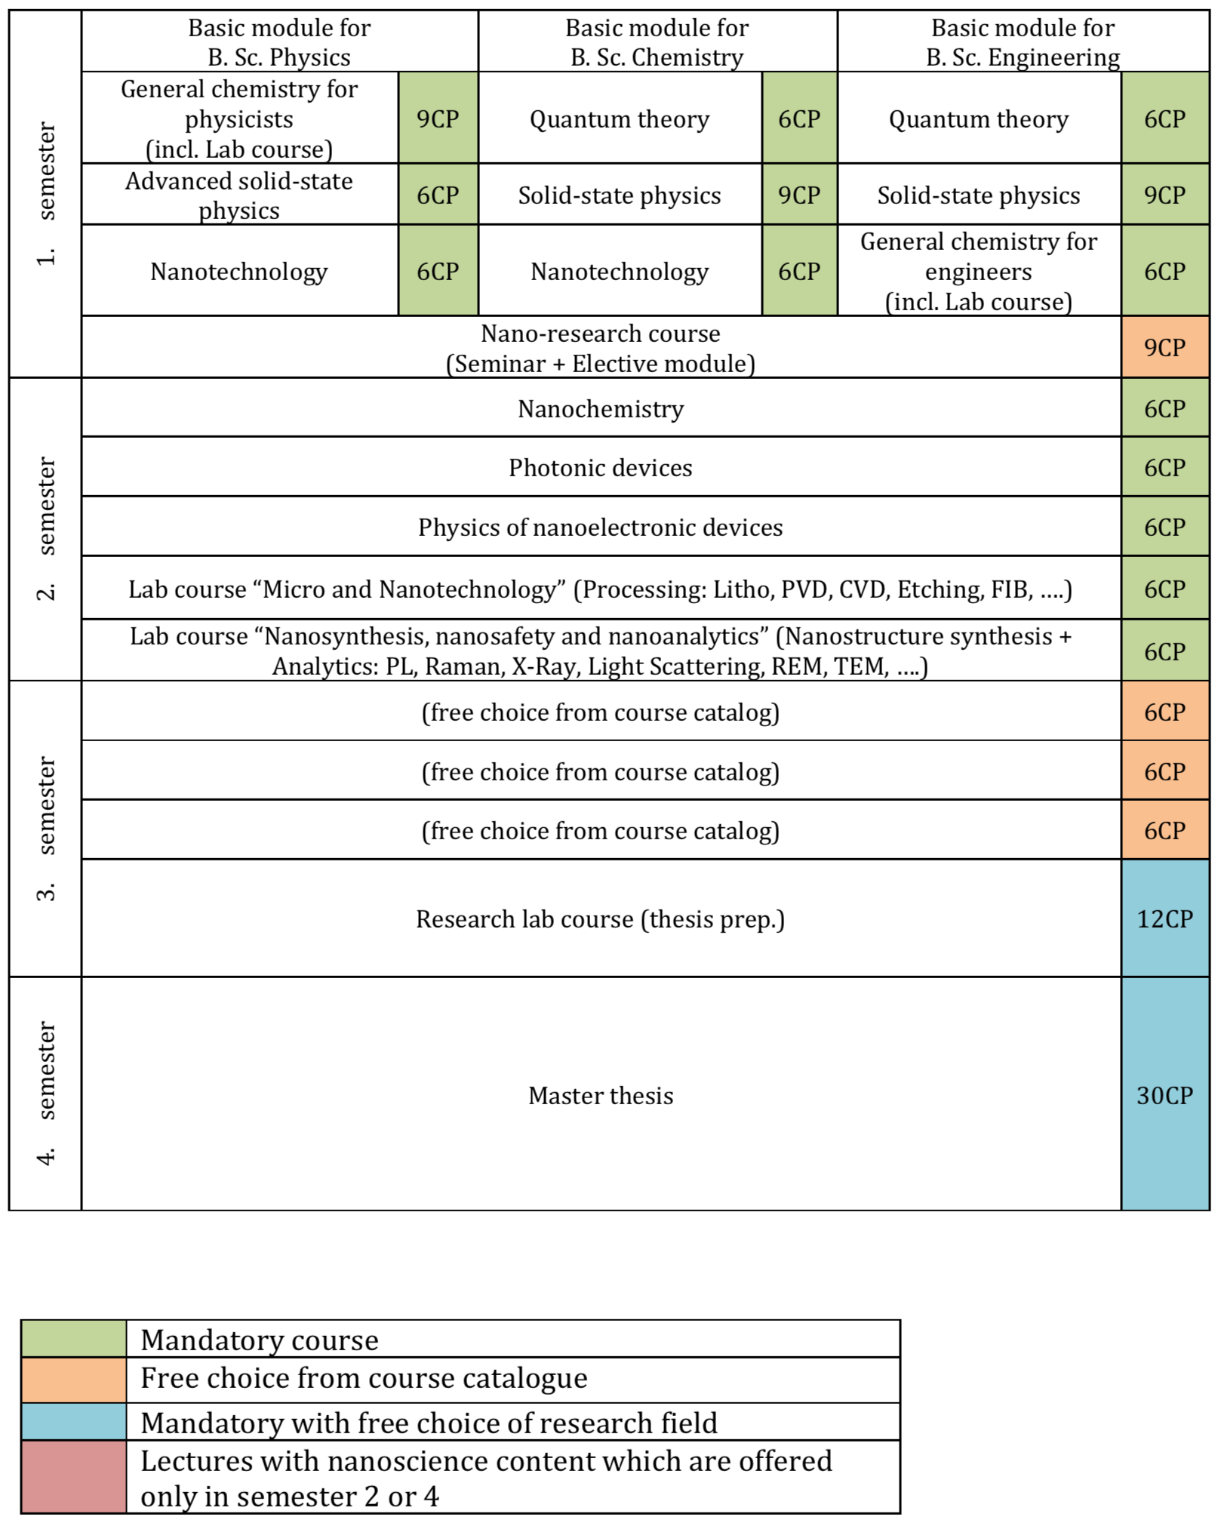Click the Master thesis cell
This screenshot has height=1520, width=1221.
(x=601, y=1094)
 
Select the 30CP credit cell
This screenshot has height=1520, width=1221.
(x=1165, y=1094)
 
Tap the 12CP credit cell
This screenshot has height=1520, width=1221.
(x=1165, y=918)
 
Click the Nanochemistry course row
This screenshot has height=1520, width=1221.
(x=601, y=408)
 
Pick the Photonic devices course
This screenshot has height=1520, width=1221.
(x=601, y=467)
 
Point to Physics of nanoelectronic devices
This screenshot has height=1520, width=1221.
(x=601, y=527)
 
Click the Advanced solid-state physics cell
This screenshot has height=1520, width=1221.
(x=240, y=195)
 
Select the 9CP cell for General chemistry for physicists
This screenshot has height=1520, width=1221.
(x=438, y=118)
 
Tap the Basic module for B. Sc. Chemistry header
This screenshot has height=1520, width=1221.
(x=657, y=42)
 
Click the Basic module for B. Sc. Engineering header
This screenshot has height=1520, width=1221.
(x=1023, y=42)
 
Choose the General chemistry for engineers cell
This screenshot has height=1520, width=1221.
(x=979, y=271)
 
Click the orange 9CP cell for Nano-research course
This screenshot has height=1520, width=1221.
(x=1165, y=347)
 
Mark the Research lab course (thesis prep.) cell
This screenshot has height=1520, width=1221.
(x=601, y=918)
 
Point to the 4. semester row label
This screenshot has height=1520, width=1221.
(x=45, y=1094)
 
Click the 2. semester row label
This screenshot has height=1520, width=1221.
(x=45, y=529)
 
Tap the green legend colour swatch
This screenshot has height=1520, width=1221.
(x=74, y=1339)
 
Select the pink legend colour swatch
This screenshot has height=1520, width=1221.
(x=74, y=1476)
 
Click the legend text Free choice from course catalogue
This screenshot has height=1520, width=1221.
(x=364, y=1378)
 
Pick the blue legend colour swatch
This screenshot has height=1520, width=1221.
(x=74, y=1421)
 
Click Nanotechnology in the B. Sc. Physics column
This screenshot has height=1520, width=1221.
(x=240, y=271)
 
